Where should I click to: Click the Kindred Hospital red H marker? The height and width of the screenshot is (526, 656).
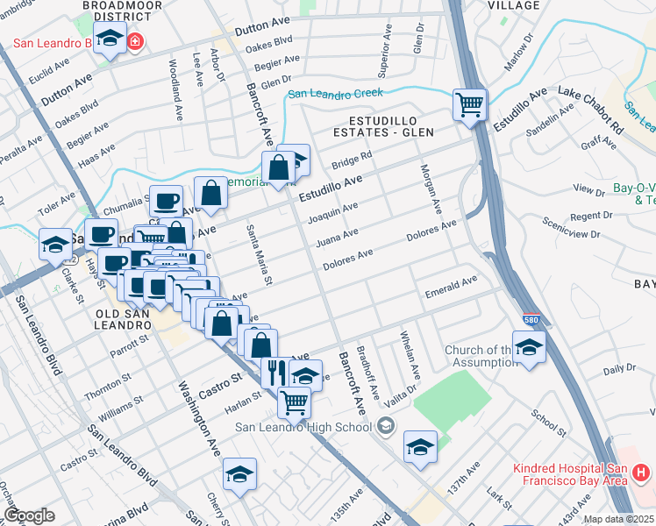[640, 473]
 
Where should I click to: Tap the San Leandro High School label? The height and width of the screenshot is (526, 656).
[303, 428]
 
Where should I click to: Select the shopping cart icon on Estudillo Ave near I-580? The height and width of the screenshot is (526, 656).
[470, 104]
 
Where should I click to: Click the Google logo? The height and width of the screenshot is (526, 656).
[29, 515]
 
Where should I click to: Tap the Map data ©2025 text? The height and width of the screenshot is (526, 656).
[618, 519]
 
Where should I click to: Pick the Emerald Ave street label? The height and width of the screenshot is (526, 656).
[450, 287]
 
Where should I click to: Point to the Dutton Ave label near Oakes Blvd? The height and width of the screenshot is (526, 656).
[67, 90]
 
